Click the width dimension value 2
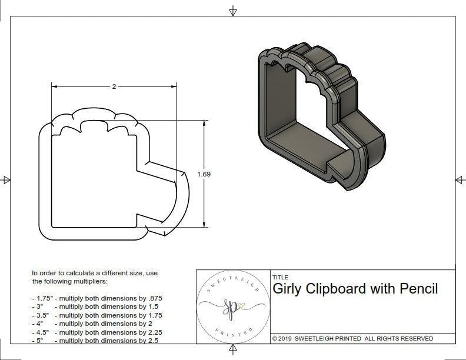pos(114,86)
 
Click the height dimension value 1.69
pos(204,174)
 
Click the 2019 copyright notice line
pos(352,338)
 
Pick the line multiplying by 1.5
pos(97,306)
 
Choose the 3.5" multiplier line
pos(97,315)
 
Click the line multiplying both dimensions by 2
pos(95,323)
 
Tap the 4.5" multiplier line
pos(97,331)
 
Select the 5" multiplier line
pos(95,339)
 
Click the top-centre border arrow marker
pos(233,10)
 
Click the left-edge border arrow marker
pos(6,179)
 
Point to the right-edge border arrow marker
pos(460,179)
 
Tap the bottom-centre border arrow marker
pos(233,351)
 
